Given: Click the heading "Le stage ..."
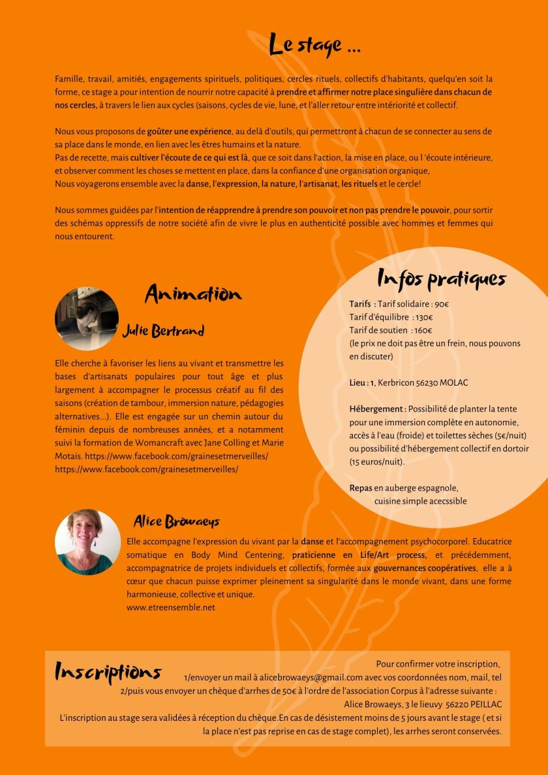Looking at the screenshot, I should coord(315,44).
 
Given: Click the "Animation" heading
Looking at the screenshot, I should coord(193,294).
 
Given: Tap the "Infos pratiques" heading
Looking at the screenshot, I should coord(442,279).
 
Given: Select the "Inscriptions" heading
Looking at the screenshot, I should coord(108,672).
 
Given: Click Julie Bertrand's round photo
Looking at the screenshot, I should coord(87,318).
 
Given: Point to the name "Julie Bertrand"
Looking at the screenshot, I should coord(163,331).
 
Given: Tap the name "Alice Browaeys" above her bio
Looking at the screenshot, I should coord(177,521).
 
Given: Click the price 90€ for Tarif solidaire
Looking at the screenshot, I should coord(441,304).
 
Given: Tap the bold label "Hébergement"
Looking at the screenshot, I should coord(377,409).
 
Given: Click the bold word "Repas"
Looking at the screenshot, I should coord(361,488).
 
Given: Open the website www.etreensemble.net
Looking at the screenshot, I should coord(170,607).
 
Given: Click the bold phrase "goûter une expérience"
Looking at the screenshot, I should coord(190,131).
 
